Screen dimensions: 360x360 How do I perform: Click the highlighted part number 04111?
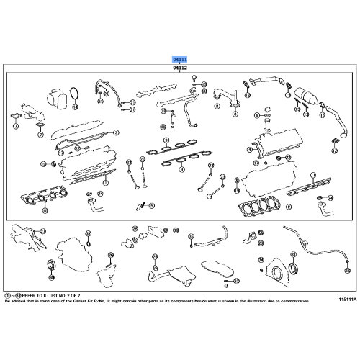point(180,59)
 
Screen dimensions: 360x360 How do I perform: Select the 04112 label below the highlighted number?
point(180,68)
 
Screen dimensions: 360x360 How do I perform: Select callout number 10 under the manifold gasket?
point(45,211)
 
